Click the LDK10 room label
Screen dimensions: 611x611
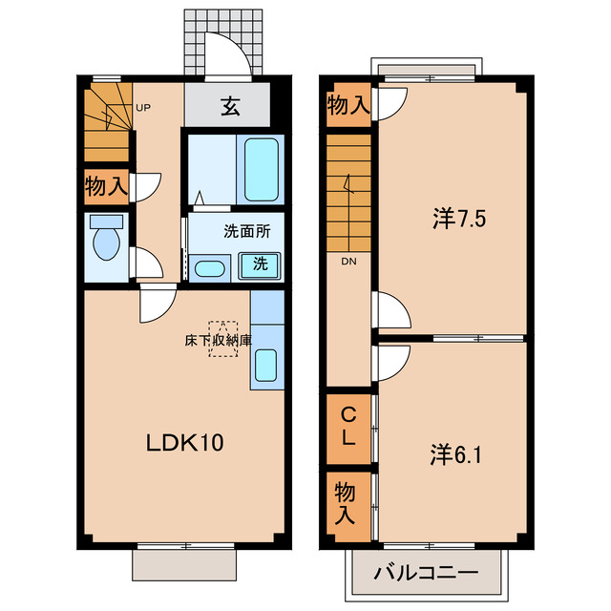(x=184, y=443)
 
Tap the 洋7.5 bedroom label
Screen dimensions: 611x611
(x=459, y=219)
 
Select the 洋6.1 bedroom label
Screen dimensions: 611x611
(x=456, y=454)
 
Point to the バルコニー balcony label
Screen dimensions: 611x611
(x=426, y=573)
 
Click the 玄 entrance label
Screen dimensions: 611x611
(x=230, y=106)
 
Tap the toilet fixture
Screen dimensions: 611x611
(x=106, y=238)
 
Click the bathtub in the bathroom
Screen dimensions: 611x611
(x=261, y=170)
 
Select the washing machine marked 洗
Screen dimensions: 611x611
(x=260, y=266)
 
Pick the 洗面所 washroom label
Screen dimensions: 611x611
(x=247, y=231)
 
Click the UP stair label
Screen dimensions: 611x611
(x=143, y=108)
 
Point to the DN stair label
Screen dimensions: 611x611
(x=348, y=262)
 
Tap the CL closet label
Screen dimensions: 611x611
(x=348, y=426)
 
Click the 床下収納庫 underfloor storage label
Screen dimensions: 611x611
(x=219, y=341)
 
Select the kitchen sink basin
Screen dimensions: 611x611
(x=266, y=365)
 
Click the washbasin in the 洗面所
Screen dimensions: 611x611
(x=209, y=269)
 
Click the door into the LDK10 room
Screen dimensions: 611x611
(x=158, y=303)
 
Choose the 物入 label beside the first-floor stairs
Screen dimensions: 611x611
(x=106, y=186)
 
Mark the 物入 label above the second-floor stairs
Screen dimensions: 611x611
(x=348, y=105)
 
